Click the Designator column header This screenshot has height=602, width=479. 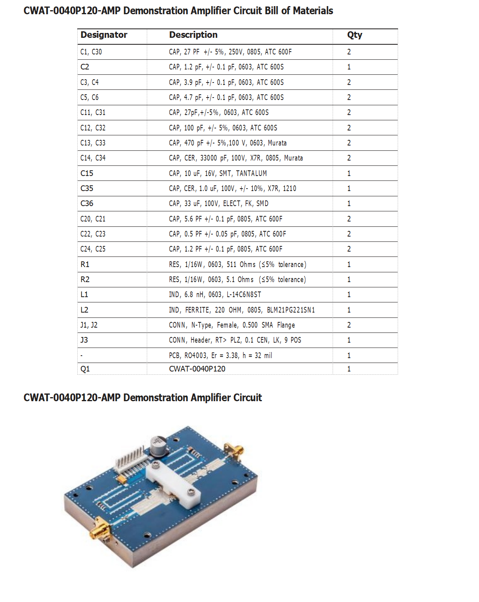click(x=104, y=35)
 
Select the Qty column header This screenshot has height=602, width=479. click(x=355, y=35)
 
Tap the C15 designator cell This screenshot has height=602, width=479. click(x=87, y=173)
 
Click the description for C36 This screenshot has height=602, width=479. click(x=218, y=203)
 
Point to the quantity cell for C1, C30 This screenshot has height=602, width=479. click(x=349, y=52)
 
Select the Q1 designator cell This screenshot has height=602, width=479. click(x=85, y=369)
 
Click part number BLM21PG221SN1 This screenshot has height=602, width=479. click(x=291, y=310)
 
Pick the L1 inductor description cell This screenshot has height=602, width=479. click(x=215, y=295)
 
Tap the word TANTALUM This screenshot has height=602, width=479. click(x=251, y=174)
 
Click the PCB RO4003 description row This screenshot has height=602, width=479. click(x=220, y=355)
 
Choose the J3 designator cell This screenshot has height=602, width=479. click(x=84, y=340)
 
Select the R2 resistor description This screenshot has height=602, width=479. click(x=237, y=280)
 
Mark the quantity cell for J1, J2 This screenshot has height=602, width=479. click(x=349, y=325)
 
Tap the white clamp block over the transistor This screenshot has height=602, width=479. click(x=173, y=484)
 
